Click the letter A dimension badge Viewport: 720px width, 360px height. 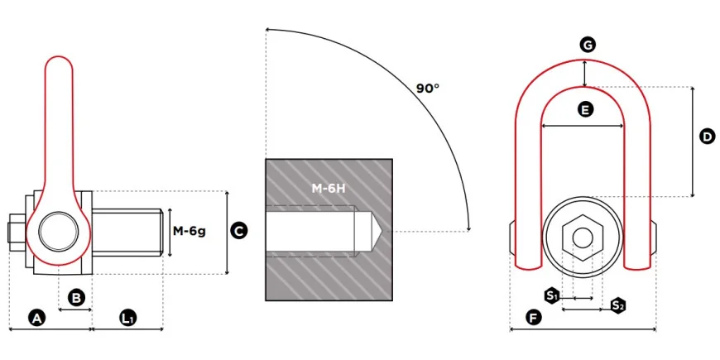37,318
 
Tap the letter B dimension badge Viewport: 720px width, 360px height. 76,298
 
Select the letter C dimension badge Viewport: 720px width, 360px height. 238,231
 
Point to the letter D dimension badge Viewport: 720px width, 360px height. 707,137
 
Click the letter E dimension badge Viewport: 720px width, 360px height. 584,109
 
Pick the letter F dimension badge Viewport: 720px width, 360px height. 533,317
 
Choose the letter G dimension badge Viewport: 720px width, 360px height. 588,45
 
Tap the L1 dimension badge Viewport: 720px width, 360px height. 128,318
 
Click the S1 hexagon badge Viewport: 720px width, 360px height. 552,295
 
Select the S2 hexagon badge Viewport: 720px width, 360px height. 618,305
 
